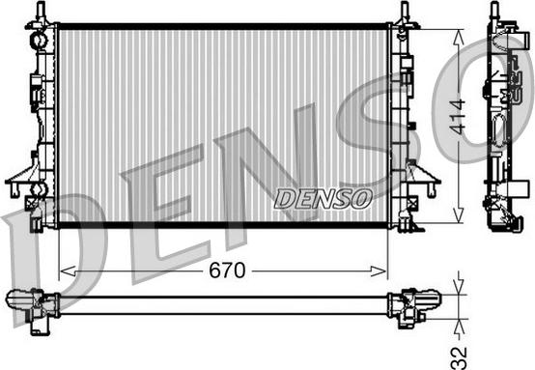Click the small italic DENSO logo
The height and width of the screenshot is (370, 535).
[323, 198]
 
